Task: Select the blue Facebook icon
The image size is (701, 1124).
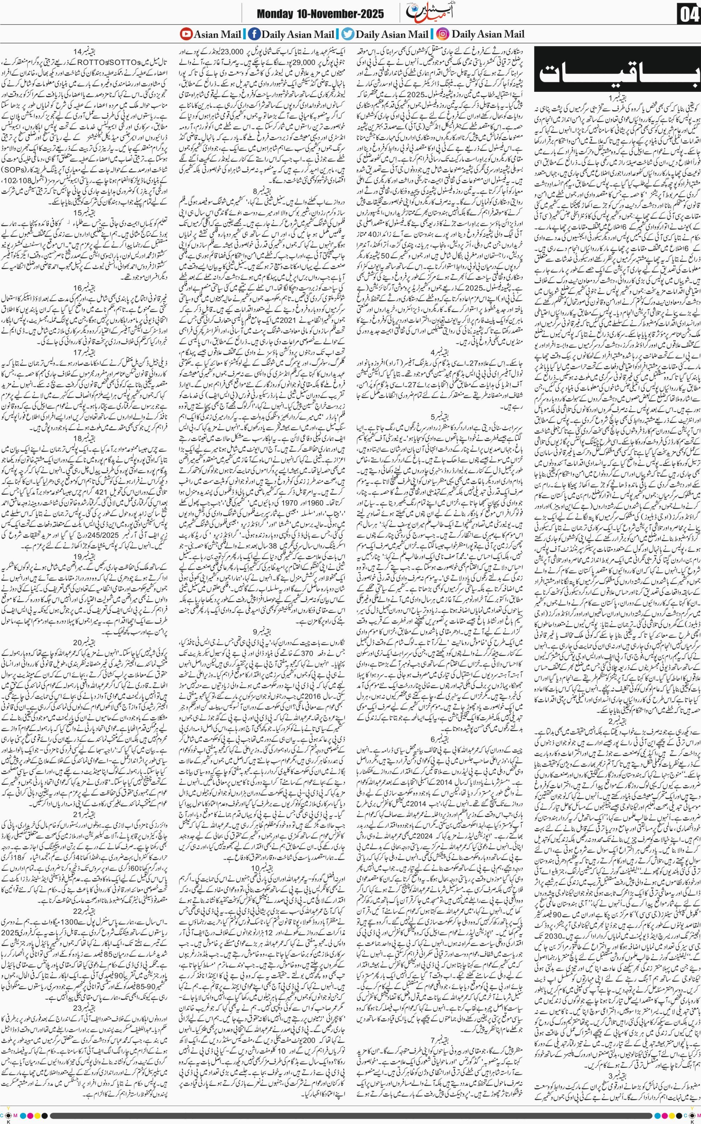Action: (x=254, y=34)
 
